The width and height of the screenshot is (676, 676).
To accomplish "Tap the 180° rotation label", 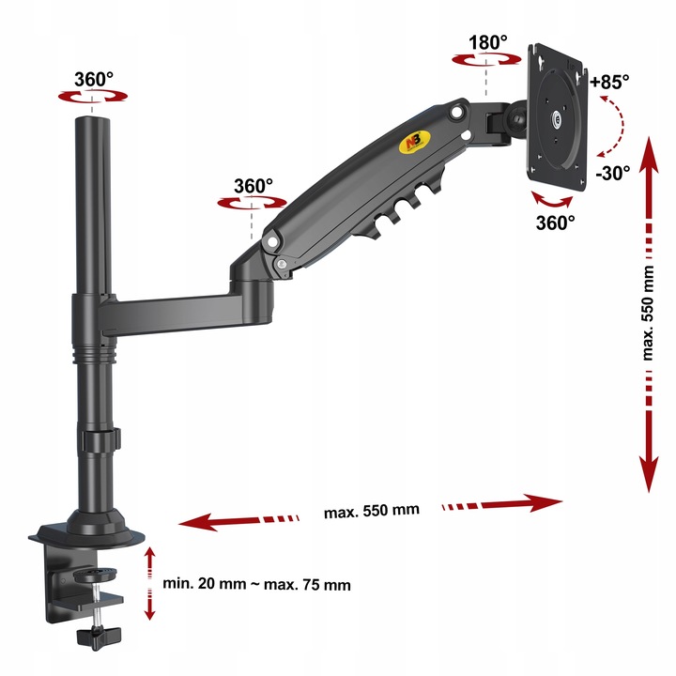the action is click(487, 42).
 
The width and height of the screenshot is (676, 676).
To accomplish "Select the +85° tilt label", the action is click(609, 82).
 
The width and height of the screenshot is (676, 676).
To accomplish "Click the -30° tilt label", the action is click(612, 173).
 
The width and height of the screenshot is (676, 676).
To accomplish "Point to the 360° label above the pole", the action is click(94, 79).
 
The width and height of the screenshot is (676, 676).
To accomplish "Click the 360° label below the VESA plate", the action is click(555, 223).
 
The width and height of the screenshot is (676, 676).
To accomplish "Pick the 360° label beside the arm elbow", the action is click(253, 186).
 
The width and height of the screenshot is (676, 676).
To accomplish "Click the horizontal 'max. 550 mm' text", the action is click(372, 511).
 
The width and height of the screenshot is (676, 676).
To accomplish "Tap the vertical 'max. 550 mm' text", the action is click(648, 313).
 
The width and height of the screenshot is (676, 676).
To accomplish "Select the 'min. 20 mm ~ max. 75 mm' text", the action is click(256, 584).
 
